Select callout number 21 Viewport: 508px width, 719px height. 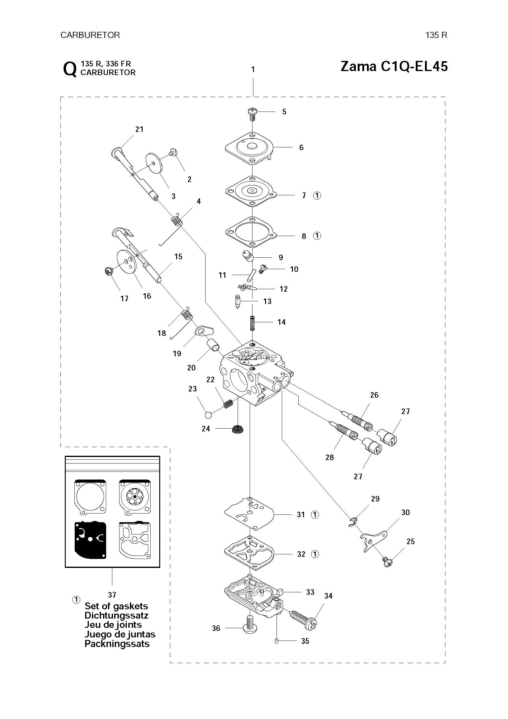(x=139, y=129)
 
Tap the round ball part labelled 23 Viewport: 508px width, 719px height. (x=208, y=415)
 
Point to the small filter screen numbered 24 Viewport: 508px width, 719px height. (x=238, y=429)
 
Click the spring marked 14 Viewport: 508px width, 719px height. (x=252, y=323)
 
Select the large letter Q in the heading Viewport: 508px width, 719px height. (x=69, y=69)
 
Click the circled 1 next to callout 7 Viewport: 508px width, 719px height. (x=317, y=196)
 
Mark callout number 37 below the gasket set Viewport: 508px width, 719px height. (x=112, y=595)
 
